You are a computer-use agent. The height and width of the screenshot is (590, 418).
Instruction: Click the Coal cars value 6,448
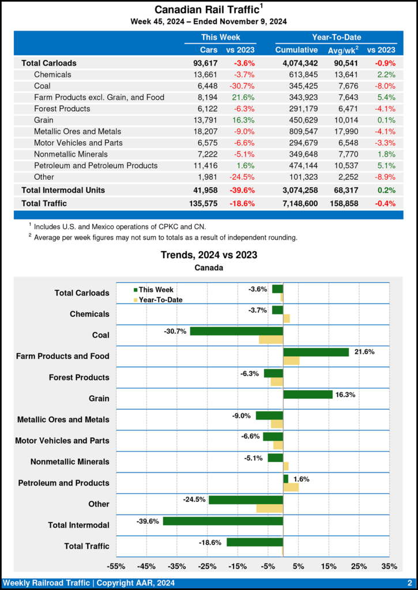[x=205, y=86]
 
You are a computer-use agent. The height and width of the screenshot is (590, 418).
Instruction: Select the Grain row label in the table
[x=45, y=120]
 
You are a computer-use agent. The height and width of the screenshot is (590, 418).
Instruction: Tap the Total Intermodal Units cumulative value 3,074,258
[x=296, y=190]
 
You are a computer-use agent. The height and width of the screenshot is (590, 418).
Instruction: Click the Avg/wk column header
[x=343, y=50]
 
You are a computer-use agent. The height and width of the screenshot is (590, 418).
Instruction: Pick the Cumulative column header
[x=296, y=50]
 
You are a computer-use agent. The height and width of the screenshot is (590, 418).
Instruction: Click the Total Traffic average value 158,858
[x=343, y=203]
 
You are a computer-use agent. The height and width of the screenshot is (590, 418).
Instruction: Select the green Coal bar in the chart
[x=236, y=331]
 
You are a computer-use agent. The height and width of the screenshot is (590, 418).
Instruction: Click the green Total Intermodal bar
[x=223, y=521]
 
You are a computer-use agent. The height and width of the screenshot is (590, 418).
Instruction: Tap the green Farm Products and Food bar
[x=316, y=352]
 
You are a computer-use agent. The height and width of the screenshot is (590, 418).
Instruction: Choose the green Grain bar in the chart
[x=308, y=395]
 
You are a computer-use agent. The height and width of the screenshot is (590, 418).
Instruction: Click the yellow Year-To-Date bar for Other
[x=269, y=509]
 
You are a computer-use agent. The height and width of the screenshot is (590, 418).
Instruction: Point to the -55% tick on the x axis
[x=116, y=567]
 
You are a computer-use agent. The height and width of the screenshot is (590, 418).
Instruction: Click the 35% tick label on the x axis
[x=389, y=567]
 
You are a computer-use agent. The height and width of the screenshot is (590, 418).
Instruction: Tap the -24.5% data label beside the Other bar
[x=194, y=500]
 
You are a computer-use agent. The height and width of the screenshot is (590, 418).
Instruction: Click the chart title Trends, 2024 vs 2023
[x=209, y=255]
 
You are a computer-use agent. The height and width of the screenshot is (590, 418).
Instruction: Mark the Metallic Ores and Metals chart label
[x=63, y=420]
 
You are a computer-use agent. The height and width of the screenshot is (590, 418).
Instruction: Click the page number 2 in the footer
[x=409, y=583]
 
